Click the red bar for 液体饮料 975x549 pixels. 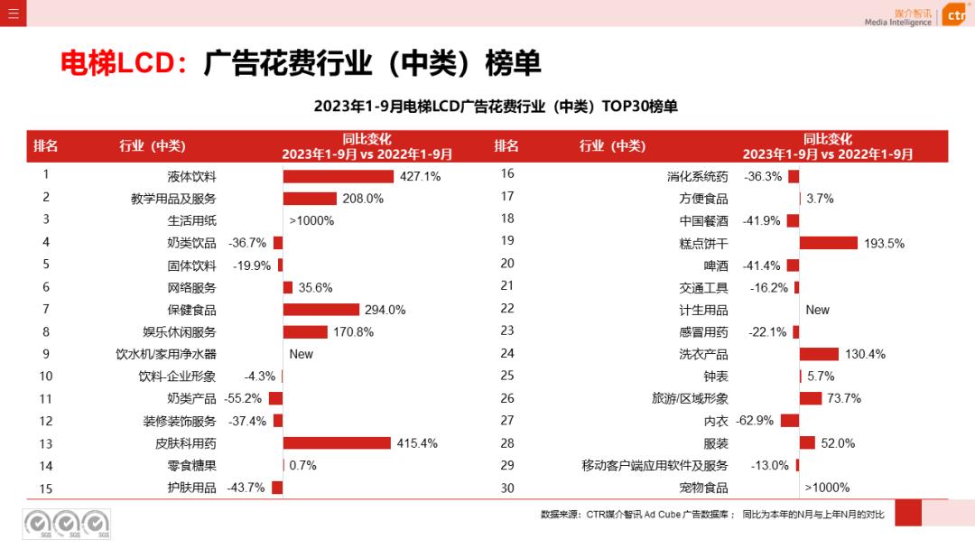coord(339,176)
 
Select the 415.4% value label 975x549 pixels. coord(417,443)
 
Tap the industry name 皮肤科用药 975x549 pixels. coord(186,443)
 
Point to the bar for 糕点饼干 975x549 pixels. coord(828,243)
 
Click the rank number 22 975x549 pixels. coord(507,309)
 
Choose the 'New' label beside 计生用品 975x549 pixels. coord(817,310)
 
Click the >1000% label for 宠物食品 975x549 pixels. coord(827,488)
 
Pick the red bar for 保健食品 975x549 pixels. coord(321,310)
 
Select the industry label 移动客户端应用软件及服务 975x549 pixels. coord(655,466)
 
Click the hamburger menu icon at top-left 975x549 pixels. coord(13,13)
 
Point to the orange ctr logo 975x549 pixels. coord(954,15)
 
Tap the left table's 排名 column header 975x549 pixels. coord(46,146)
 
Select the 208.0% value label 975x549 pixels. coord(363,199)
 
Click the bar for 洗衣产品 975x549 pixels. coord(819,354)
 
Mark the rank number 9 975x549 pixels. coord(46,354)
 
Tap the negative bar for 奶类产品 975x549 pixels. coord(276,398)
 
